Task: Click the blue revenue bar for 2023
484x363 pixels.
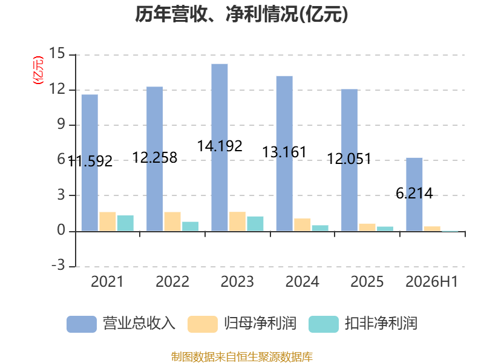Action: (220, 148)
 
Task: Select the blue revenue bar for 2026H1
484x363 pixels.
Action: (414, 194)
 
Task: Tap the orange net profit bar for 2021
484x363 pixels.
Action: (108, 221)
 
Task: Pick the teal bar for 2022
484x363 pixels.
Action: (190, 226)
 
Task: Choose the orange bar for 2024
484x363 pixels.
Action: (302, 224)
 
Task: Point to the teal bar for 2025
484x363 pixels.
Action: (385, 229)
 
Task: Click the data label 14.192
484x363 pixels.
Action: (220, 146)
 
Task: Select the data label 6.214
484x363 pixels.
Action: (414, 194)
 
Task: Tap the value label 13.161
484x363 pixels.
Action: (284, 152)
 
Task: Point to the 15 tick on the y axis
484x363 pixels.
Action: (57, 54)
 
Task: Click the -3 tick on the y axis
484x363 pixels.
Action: (58, 266)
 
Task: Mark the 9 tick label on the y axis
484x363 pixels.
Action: (61, 125)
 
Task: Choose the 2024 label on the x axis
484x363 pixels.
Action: (302, 281)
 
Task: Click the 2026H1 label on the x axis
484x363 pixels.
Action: (431, 281)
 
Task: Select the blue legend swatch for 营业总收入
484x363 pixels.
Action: (82, 324)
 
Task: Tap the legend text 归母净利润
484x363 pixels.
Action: (260, 324)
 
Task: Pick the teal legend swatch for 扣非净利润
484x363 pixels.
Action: (324, 324)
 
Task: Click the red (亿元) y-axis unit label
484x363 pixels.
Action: (38, 70)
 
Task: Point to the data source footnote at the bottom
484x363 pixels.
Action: (242, 357)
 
